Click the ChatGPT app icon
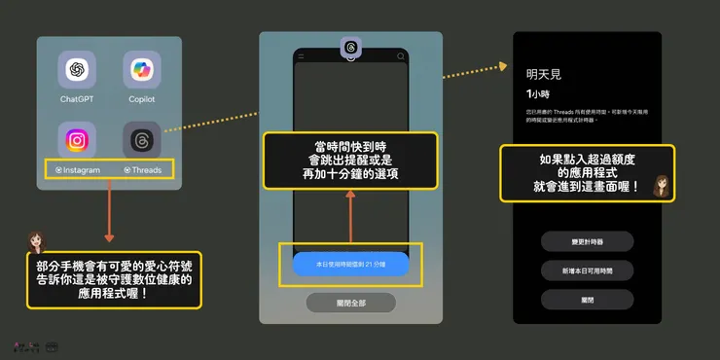tap(77, 70)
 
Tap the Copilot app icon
tap(141, 70)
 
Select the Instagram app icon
tap(77, 140)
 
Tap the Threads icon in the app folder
tap(141, 140)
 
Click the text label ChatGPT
tap(77, 99)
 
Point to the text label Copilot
tap(141, 99)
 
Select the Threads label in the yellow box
tap(143, 170)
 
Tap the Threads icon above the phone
tap(350, 47)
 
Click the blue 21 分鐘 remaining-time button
tap(350, 264)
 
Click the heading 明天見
tap(543, 73)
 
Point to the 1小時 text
tap(537, 94)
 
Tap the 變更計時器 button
tap(587, 241)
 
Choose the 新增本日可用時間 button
tap(587, 270)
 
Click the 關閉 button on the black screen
tap(587, 300)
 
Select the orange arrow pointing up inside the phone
tap(350, 214)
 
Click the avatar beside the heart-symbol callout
tap(39, 242)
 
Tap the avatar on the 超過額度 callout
tap(661, 186)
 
